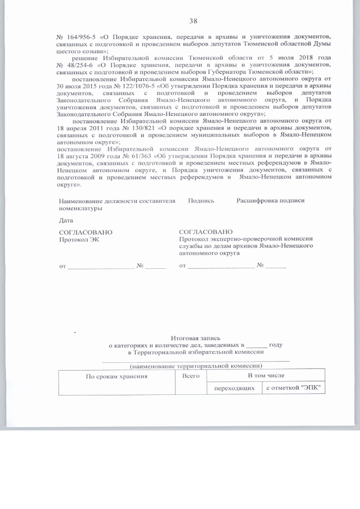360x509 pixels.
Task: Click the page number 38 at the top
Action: [x=193, y=21]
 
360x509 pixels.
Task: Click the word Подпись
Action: [x=201, y=201]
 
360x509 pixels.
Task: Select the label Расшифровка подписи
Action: [x=270, y=201]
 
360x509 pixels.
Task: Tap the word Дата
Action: [x=66, y=220]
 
